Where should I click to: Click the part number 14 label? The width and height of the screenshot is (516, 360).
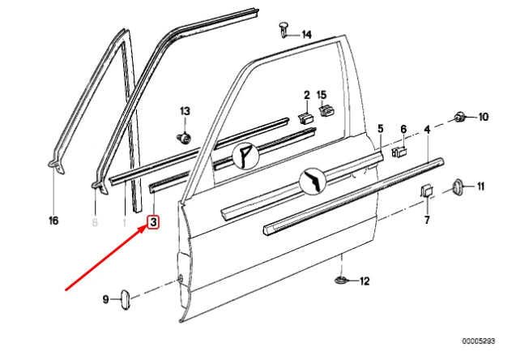coord(306,34)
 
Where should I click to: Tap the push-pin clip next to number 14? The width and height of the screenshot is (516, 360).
coord(283,30)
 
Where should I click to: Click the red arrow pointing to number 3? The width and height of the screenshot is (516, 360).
coord(105,257)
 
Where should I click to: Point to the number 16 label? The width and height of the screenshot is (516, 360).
coord(53,221)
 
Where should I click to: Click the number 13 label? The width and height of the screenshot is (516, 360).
coord(185,110)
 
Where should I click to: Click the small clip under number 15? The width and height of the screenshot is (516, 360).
coord(324,111)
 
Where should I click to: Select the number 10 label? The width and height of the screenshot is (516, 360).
coord(484,117)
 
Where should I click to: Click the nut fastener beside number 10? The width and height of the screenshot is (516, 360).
coord(461,116)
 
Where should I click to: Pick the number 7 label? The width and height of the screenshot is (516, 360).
coord(427,220)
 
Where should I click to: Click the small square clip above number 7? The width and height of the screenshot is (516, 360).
coord(426,191)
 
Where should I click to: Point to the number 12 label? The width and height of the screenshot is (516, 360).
coord(364,281)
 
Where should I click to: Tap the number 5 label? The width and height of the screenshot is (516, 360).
coord(380,129)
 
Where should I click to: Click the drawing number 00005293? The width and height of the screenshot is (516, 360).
coord(484,343)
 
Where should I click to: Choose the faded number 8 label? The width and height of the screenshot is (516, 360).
coord(94,221)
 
